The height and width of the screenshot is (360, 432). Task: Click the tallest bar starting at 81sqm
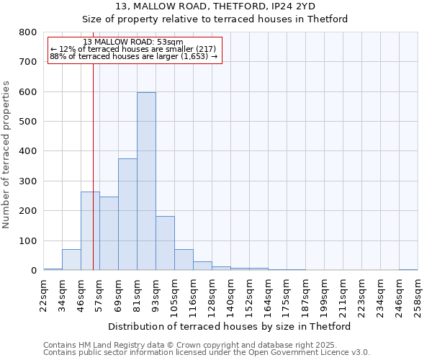pos(146,181)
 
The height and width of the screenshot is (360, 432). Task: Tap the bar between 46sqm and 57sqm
pos(90,231)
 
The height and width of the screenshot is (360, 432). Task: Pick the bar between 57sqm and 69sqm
pos(109,233)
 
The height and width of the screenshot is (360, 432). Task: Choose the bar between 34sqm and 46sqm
pos(71,260)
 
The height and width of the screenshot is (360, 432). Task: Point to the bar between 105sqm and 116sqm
pos(184,260)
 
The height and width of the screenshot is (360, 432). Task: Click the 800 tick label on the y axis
pos(28,32)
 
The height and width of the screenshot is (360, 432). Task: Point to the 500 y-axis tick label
pos(28,122)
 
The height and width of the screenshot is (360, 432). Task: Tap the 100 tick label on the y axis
pos(28,240)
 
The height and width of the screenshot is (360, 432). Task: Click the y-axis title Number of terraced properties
pos(7,154)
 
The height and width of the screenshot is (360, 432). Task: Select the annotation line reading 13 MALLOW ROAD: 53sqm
pos(133,42)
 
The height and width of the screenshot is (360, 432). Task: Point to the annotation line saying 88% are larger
pos(133,56)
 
